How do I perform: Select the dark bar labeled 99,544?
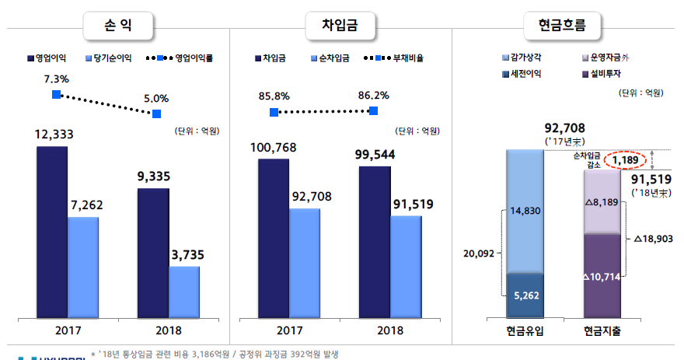(x=375, y=241)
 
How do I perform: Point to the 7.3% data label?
(x=57, y=79)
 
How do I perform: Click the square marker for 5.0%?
(x=157, y=114)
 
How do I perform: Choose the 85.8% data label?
(x=274, y=96)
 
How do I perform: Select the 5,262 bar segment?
(x=525, y=295)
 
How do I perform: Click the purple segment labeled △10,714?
(x=602, y=276)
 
